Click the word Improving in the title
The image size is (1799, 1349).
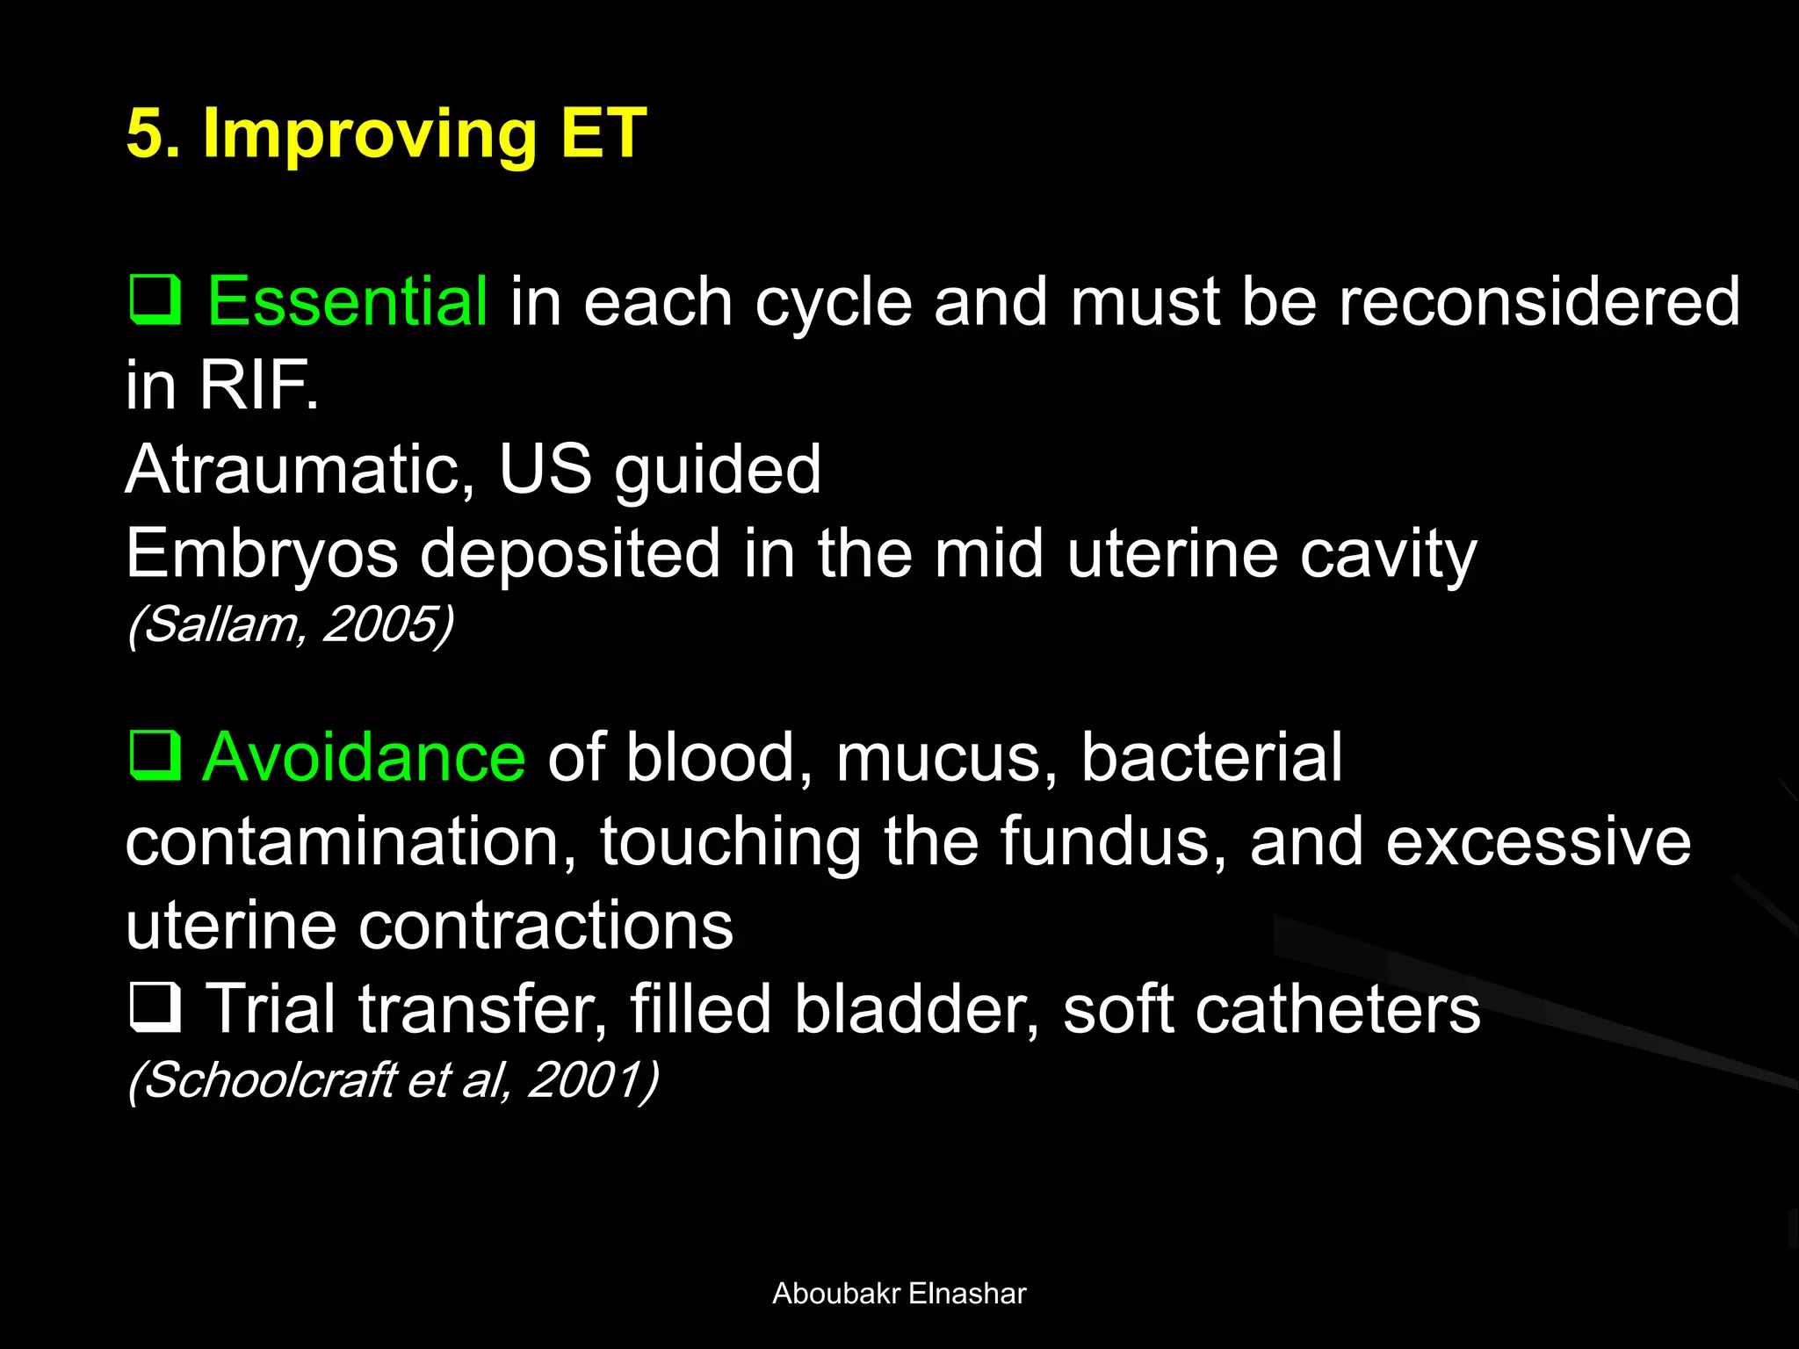(369, 133)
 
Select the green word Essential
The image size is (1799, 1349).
(347, 301)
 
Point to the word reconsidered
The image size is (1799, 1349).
(1538, 301)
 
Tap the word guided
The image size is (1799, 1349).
(717, 471)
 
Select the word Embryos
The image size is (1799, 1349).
(262, 553)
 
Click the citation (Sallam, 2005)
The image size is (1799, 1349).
(291, 624)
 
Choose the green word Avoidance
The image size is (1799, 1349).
(364, 756)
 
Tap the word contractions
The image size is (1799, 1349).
(545, 926)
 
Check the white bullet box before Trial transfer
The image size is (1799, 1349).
(155, 1007)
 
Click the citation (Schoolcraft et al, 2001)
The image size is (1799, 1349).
(393, 1079)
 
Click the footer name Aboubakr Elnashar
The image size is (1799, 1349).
(899, 1293)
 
